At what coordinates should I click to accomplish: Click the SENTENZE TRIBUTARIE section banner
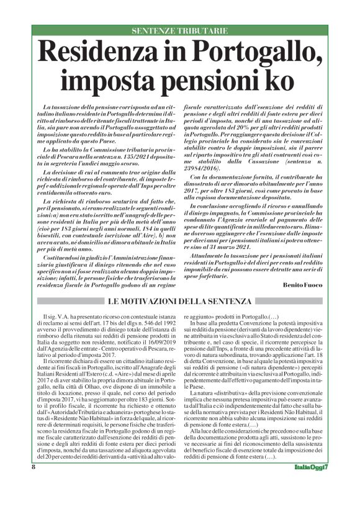click(179, 30)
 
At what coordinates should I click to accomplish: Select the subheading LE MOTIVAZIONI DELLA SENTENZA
click(180, 301)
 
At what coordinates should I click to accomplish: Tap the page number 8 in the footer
click(33, 484)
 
